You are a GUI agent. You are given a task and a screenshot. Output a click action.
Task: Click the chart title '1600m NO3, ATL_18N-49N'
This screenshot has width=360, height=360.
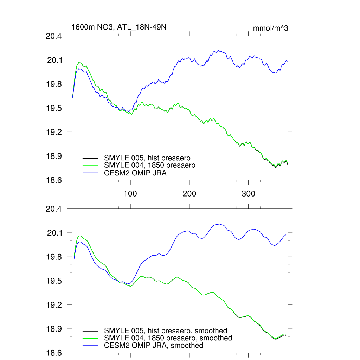click(116, 27)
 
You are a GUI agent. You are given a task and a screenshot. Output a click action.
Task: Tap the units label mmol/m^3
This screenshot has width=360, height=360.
click(270, 28)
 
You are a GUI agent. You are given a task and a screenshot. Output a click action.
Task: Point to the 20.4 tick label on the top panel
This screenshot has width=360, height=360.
click(54, 36)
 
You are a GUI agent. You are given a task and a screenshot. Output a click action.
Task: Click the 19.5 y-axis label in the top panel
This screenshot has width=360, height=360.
click(54, 108)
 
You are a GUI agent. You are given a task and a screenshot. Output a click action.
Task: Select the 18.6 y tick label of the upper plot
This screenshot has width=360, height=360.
click(54, 180)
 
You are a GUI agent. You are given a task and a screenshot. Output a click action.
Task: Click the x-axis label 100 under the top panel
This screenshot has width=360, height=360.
click(130, 194)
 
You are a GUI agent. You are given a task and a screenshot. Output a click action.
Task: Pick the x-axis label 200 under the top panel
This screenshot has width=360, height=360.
click(189, 194)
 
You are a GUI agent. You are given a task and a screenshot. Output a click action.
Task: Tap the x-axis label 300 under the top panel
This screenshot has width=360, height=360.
click(249, 194)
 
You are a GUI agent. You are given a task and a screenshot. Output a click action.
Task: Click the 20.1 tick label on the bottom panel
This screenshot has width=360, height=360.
click(54, 233)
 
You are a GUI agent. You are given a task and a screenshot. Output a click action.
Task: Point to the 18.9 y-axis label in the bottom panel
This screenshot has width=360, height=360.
click(54, 329)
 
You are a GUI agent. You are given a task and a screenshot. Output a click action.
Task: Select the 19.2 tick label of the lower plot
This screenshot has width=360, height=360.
click(54, 305)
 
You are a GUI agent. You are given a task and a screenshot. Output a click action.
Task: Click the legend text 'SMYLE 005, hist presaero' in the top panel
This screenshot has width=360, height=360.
click(147, 158)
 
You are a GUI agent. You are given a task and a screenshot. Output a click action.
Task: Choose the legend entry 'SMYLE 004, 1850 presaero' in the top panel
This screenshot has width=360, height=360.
click(149, 165)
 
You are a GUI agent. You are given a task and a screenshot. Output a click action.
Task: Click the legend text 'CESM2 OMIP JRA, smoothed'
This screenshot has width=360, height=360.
click(153, 346)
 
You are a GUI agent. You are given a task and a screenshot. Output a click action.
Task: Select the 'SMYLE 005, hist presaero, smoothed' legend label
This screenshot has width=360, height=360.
click(165, 331)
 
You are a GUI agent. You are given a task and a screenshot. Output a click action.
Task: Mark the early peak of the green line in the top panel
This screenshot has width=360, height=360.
click(79, 62)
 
